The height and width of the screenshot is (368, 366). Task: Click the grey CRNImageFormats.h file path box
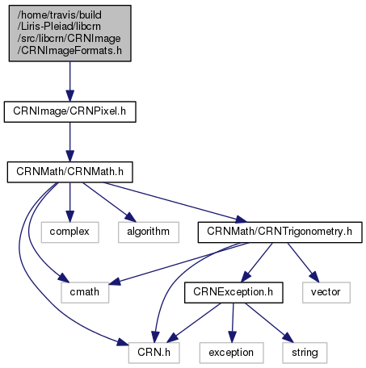pyautogui.click(x=70, y=33)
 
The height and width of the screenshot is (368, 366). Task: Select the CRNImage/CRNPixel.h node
pyautogui.click(x=70, y=111)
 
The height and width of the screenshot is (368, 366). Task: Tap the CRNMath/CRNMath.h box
pyautogui.click(x=70, y=172)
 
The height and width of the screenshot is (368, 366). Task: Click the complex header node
pyautogui.click(x=70, y=232)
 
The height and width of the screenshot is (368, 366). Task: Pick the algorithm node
pyautogui.click(x=149, y=232)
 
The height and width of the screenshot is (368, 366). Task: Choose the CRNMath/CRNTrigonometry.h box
pyautogui.click(x=280, y=232)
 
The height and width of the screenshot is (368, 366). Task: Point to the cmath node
pyautogui.click(x=85, y=292)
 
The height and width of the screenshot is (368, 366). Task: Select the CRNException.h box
pyautogui.click(x=233, y=292)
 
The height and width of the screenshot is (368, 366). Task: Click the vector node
pyautogui.click(x=326, y=292)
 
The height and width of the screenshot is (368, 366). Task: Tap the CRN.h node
pyautogui.click(x=154, y=353)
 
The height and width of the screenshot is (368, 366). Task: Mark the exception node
pyautogui.click(x=232, y=353)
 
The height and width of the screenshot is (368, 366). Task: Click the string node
pyautogui.click(x=305, y=353)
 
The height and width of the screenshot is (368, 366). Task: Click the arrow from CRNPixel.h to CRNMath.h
pyautogui.click(x=70, y=142)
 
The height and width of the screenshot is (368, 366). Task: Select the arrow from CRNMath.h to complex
pyautogui.click(x=70, y=203)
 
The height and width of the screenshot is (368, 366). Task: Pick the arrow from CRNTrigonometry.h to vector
pyautogui.click(x=303, y=262)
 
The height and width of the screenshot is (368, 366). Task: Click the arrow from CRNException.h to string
pyautogui.click(x=269, y=323)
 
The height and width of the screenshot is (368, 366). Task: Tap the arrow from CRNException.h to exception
pyautogui.click(x=233, y=323)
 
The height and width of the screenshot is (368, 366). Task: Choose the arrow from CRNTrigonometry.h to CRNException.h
pyautogui.click(x=257, y=262)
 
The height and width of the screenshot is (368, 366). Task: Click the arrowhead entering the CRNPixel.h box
pyautogui.click(x=70, y=96)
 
